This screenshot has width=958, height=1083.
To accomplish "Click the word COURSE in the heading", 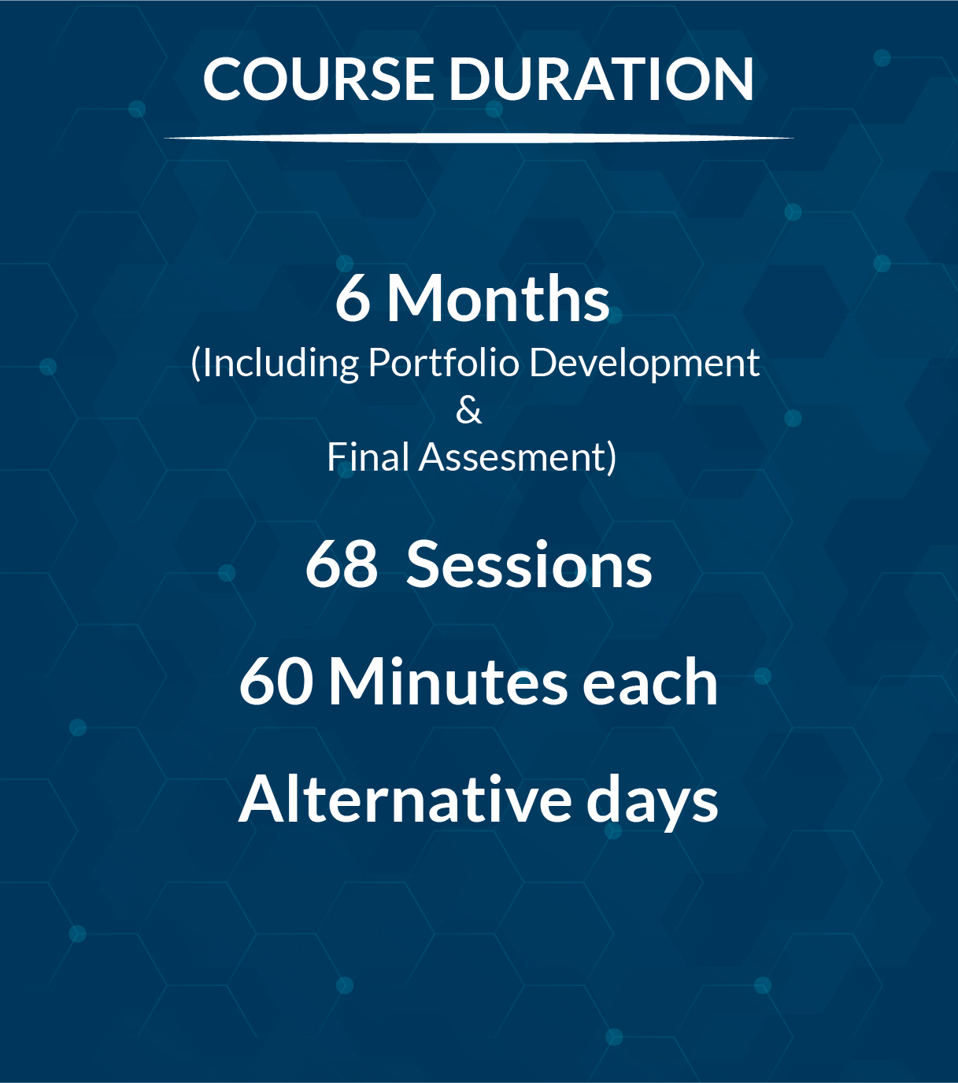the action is [x=317, y=79].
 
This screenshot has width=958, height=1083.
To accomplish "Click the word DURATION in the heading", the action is [x=601, y=79].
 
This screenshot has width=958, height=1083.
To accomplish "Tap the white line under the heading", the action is [x=479, y=139].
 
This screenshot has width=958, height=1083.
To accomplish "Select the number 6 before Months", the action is [x=353, y=298].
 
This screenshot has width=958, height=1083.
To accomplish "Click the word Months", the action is [x=498, y=298].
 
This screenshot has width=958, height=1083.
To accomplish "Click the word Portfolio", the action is [x=444, y=362].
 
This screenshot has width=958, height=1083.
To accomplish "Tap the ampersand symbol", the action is [x=468, y=411].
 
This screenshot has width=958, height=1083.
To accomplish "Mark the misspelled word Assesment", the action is [x=512, y=458].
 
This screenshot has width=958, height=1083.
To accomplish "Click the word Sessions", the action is [x=529, y=566].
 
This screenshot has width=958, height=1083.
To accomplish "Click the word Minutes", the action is [x=448, y=682].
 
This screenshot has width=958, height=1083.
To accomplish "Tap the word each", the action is [x=649, y=682].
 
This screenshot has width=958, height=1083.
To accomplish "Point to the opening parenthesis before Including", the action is [x=196, y=364].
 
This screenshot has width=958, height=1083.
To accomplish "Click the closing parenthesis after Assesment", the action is [x=612, y=458].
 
